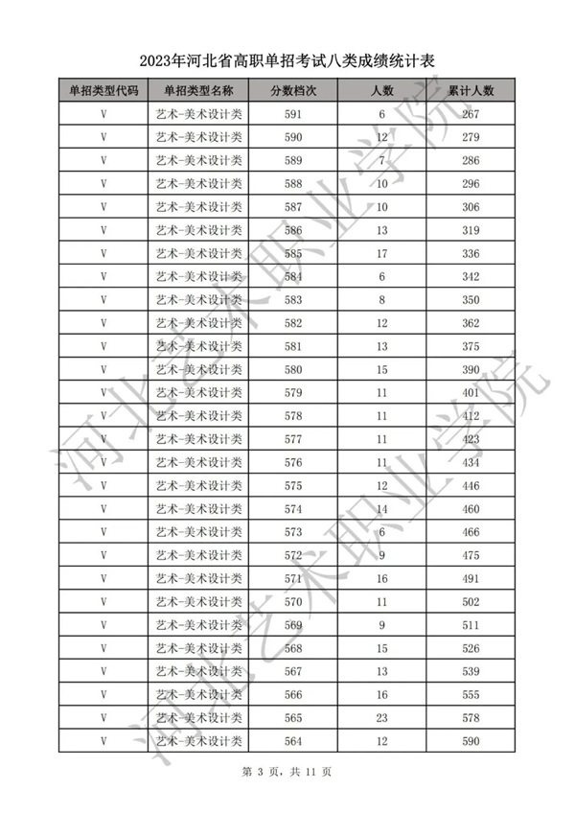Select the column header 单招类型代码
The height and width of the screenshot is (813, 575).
[103, 91]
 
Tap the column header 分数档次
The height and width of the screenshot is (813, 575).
[293, 91]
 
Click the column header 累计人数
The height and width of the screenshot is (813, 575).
[470, 91]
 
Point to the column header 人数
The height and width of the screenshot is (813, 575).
[382, 91]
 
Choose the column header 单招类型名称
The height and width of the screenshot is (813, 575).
[198, 91]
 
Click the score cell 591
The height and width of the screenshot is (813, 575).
[293, 115]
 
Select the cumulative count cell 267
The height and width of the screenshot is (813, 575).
[470, 115]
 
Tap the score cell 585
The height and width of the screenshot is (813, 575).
[293, 254]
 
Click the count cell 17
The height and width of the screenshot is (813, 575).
[382, 254]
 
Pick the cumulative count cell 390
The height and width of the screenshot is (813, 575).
[470, 370]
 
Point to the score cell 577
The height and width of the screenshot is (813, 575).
[293, 440]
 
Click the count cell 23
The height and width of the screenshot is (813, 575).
[382, 718]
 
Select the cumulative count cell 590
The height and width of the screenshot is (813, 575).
[470, 741]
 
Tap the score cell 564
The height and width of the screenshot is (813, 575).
[293, 741]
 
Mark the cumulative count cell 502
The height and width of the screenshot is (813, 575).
[470, 602]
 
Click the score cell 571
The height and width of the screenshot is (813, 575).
[293, 579]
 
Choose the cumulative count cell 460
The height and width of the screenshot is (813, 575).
[470, 509]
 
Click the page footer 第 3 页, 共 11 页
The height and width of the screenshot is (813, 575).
[287, 772]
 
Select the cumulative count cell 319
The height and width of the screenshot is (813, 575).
[470, 231]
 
